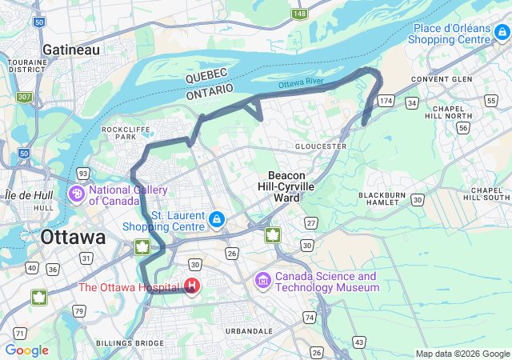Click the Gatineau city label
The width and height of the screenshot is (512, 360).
click(71, 50)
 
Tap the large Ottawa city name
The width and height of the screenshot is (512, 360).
click(73, 238)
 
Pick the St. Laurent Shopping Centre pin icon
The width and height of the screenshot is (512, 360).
click(216, 218)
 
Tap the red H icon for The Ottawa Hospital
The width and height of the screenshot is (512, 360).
click(192, 286)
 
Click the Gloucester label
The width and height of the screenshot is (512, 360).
click(320, 146)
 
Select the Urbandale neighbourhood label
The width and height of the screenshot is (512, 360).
click(248, 330)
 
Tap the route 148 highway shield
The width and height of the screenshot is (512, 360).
click(300, 14)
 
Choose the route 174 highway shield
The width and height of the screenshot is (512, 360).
click(386, 101)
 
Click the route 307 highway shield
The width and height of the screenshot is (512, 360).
click(25, 97)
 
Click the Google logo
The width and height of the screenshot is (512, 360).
click(26, 350)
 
